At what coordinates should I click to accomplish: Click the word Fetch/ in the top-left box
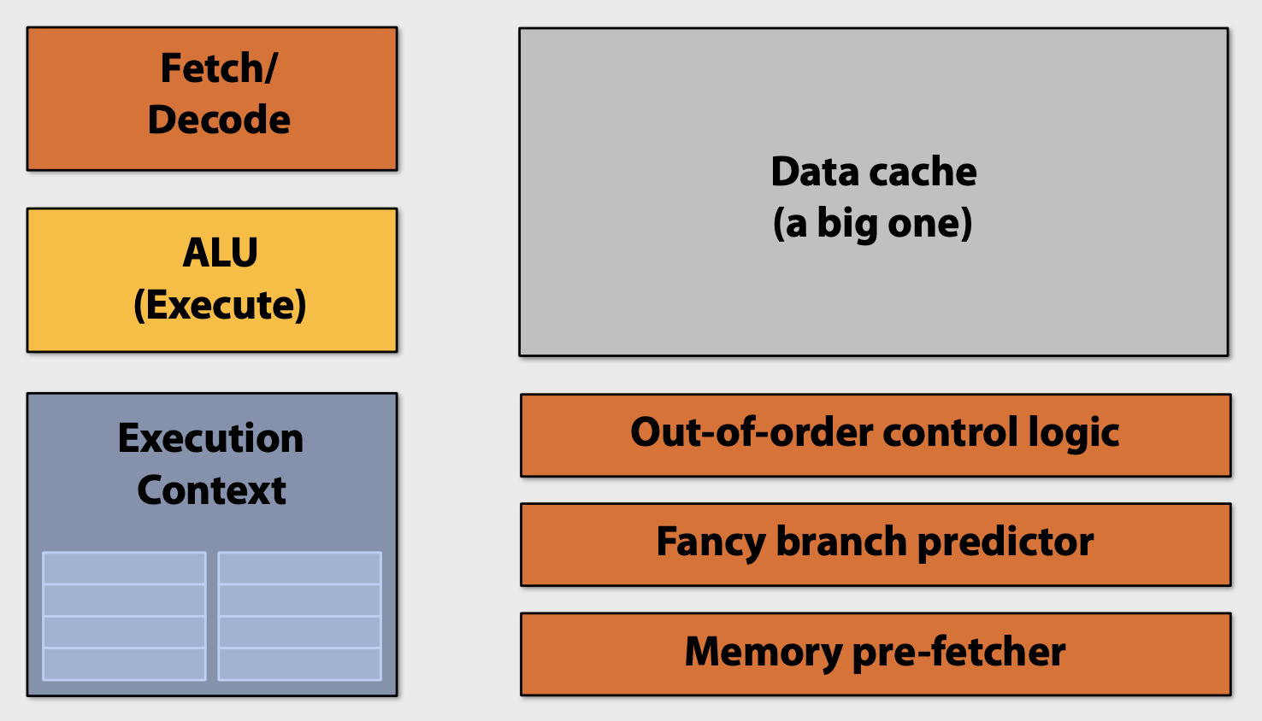(219, 68)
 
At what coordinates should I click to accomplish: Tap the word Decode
(219, 120)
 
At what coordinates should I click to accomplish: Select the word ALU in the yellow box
(220, 253)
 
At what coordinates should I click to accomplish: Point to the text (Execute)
(220, 305)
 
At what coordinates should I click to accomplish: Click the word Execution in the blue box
(210, 438)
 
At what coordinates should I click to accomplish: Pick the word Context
(211, 490)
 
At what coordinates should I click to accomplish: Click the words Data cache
(873, 172)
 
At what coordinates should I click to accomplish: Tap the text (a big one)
(873, 224)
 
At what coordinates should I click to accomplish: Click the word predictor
(1005, 542)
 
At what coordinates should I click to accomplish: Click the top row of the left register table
(124, 568)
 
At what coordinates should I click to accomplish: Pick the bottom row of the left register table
(124, 664)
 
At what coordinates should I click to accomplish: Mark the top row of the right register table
(299, 568)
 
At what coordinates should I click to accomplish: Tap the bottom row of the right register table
(299, 664)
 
